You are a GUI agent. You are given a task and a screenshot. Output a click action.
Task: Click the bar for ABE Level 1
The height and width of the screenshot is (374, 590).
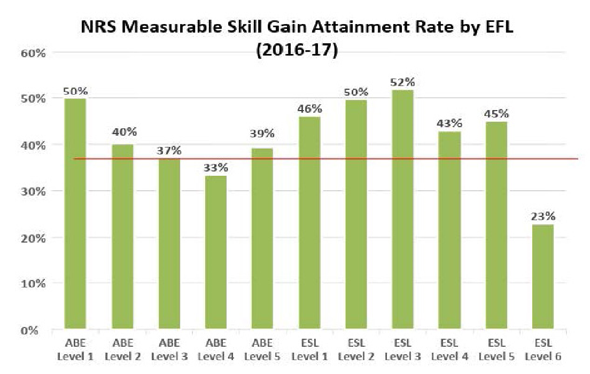click(x=75, y=214)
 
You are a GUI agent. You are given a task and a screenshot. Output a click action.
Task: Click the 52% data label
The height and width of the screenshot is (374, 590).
click(x=402, y=82)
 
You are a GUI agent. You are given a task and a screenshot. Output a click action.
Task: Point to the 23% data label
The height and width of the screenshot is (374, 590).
click(x=544, y=216)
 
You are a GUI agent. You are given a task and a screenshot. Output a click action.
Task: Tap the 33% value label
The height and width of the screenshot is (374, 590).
click(x=215, y=168)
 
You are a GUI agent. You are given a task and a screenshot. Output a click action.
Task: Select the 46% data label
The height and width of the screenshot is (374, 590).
click(x=309, y=108)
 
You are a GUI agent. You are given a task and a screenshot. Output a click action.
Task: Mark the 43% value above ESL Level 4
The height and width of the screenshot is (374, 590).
click(x=449, y=123)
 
